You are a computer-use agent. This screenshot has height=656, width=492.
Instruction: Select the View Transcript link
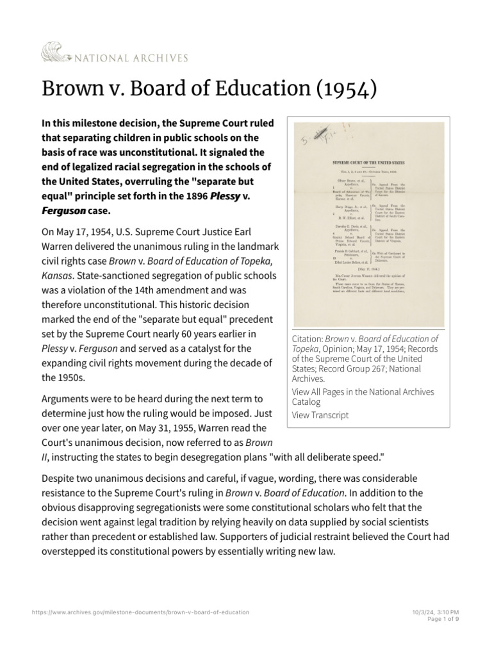click(320, 415)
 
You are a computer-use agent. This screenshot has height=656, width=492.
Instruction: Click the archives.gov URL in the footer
click(140, 612)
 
